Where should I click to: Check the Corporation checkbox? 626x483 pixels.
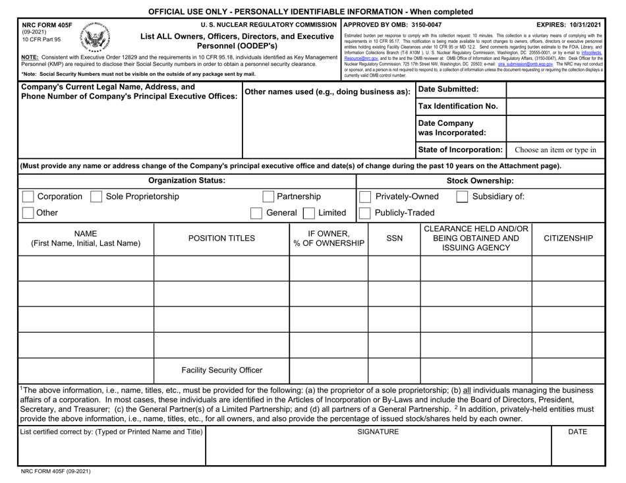click(x=28, y=196)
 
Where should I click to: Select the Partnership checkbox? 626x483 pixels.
click(x=268, y=196)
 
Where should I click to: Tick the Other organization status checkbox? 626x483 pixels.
click(x=28, y=213)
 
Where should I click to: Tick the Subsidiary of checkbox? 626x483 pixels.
click(x=463, y=196)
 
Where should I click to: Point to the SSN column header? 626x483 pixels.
click(x=394, y=238)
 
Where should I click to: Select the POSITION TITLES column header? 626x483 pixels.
click(x=221, y=238)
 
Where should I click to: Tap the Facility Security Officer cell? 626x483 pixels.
click(x=221, y=370)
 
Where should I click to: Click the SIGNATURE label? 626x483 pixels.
click(x=378, y=432)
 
